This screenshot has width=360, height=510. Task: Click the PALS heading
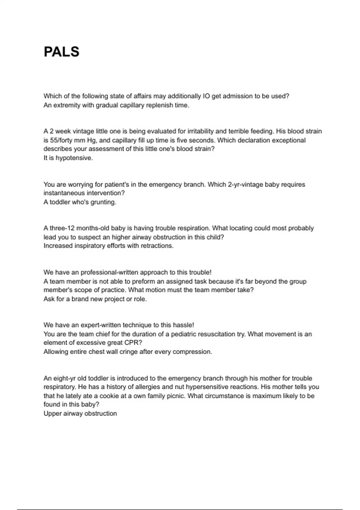[61, 52]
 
